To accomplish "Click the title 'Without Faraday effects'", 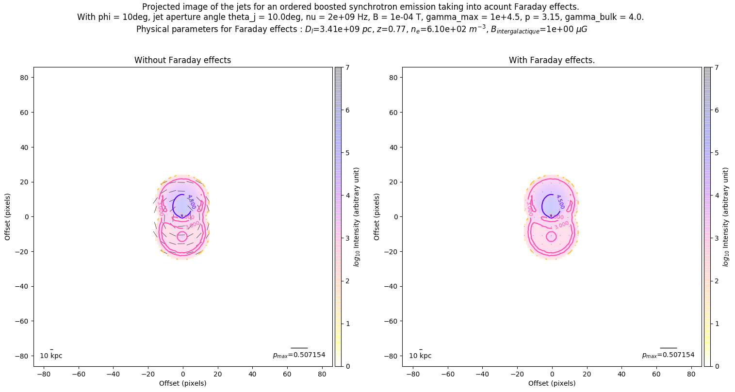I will pos(182,60).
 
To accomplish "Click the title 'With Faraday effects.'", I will pos(552,60).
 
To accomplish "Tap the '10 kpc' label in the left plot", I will pos(51,356).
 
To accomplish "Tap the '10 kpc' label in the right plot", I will pos(420,356).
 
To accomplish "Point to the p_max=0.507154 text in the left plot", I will pos(299,355).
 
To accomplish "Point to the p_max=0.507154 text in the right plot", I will pos(668,355).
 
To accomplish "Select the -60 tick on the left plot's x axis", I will pos(78,374).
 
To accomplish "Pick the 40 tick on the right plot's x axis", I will pos(621,374).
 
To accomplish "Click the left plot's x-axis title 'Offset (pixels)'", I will pos(182,383).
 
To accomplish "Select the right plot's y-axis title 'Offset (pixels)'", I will pos(377,217).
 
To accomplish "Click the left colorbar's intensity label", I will pos(357,217).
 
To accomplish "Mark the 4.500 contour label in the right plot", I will pos(560,202).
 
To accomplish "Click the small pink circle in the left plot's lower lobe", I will pos(182,237).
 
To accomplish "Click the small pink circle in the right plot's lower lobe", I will pos(551,237).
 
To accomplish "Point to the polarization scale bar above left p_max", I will pos(299,348).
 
